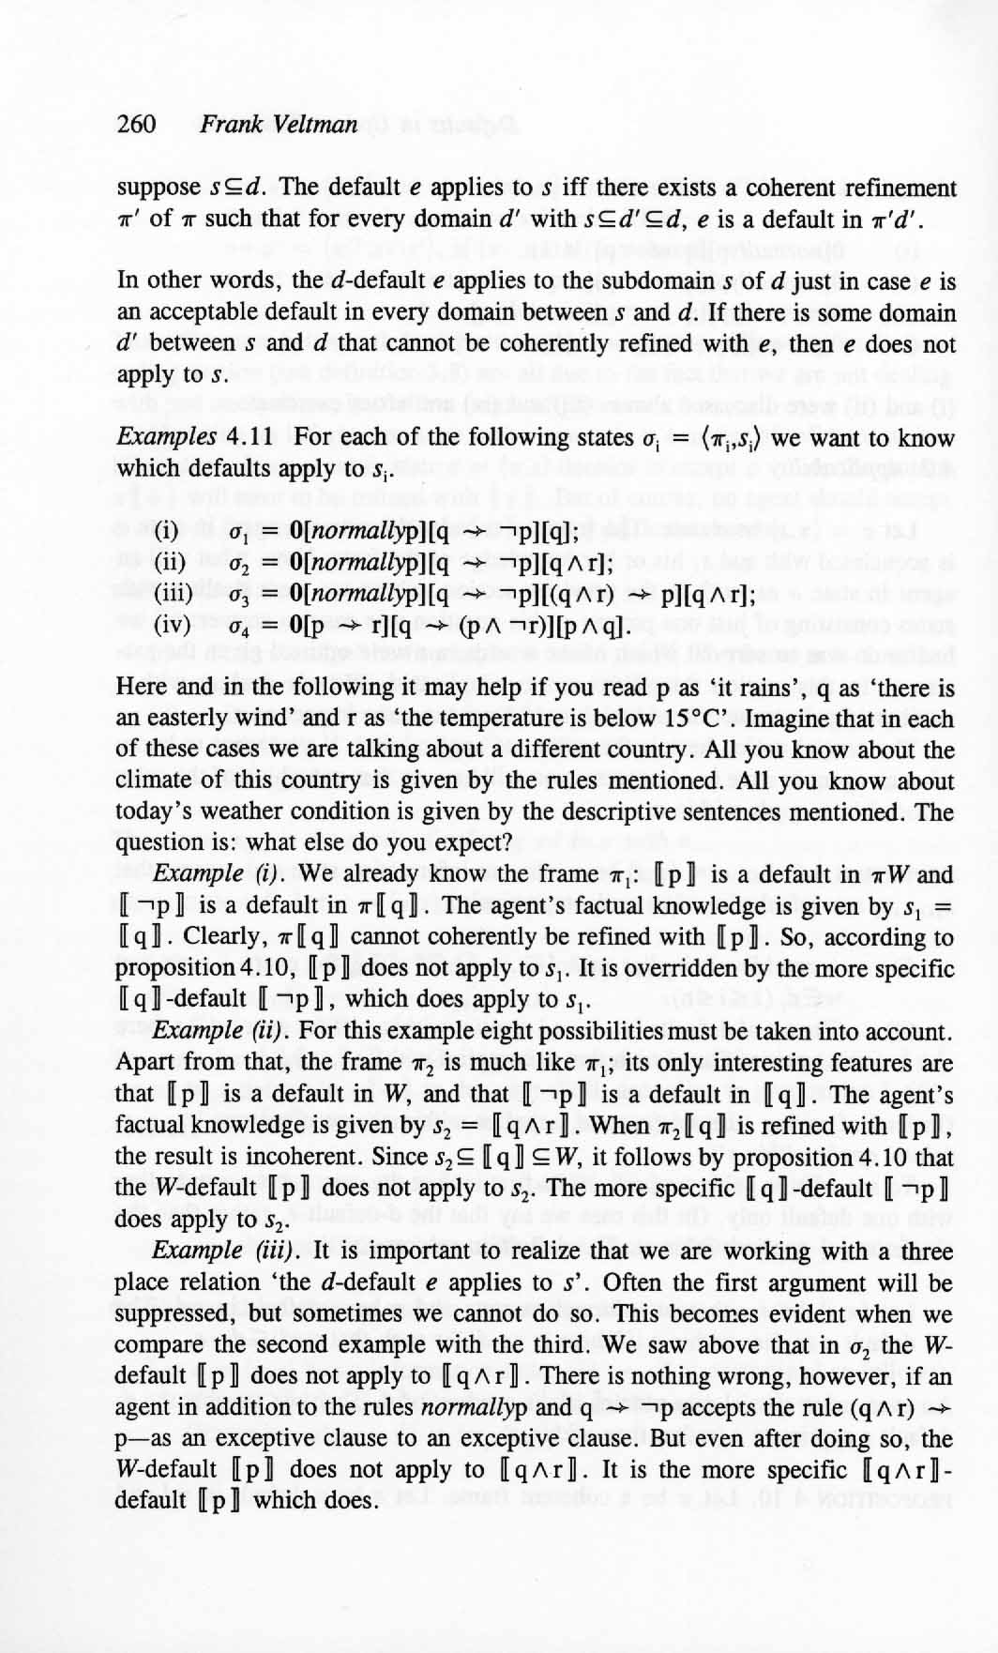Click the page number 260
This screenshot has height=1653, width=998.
pos(136,124)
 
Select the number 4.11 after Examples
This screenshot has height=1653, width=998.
pos(252,437)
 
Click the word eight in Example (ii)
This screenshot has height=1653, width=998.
pos(558,1032)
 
